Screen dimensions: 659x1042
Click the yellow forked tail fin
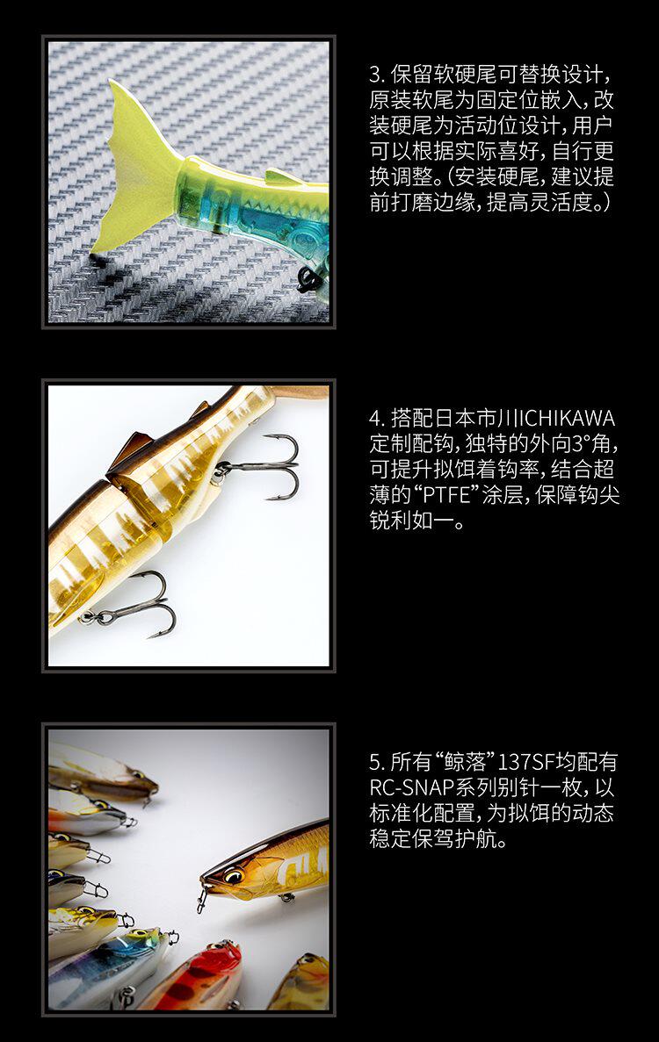click(x=136, y=174)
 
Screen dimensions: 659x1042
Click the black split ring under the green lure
click(x=309, y=279)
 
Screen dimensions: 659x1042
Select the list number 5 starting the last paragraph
click(x=375, y=762)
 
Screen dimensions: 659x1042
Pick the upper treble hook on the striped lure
click(x=263, y=466)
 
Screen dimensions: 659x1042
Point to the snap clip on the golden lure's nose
click(x=201, y=902)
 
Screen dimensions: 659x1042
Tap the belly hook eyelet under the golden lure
click(x=286, y=898)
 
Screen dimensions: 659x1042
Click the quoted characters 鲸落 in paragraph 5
click(x=467, y=762)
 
